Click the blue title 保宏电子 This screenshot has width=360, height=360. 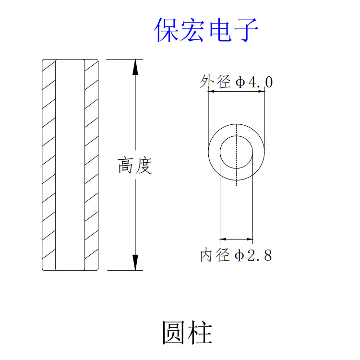206,30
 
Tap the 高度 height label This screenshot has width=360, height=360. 135,166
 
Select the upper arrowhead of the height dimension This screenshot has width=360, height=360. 135,67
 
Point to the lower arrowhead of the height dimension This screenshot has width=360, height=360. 135,262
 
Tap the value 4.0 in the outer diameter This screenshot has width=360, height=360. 261,83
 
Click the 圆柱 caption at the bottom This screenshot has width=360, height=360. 187,333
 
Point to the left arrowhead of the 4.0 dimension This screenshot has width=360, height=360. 211,93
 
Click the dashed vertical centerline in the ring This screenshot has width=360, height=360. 237,176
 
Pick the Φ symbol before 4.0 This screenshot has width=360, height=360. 240,83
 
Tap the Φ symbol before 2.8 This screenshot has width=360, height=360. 240,255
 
